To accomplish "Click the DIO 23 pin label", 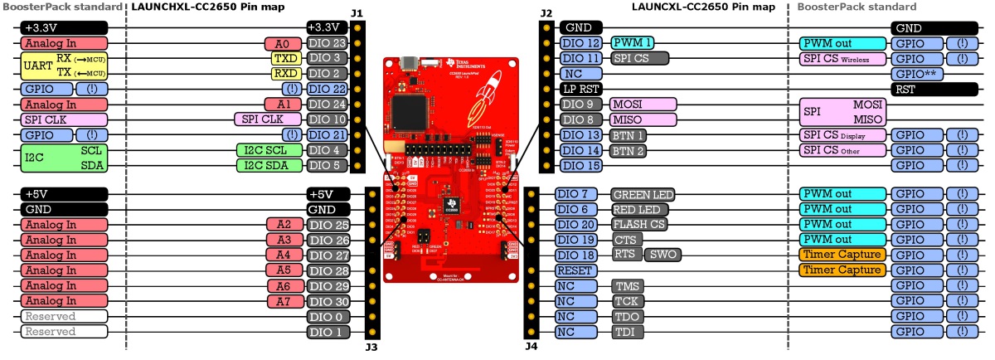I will (x=327, y=43).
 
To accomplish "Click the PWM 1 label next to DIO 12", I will (x=632, y=43).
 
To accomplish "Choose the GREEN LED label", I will (x=642, y=195).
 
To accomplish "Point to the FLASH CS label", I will (x=639, y=225).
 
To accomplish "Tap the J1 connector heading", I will (x=357, y=14).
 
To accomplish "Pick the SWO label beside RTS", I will (x=665, y=255).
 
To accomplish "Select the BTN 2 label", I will (x=628, y=150).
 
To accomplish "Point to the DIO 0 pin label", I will (x=327, y=317).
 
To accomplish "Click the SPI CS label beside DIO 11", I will (x=639, y=58).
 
